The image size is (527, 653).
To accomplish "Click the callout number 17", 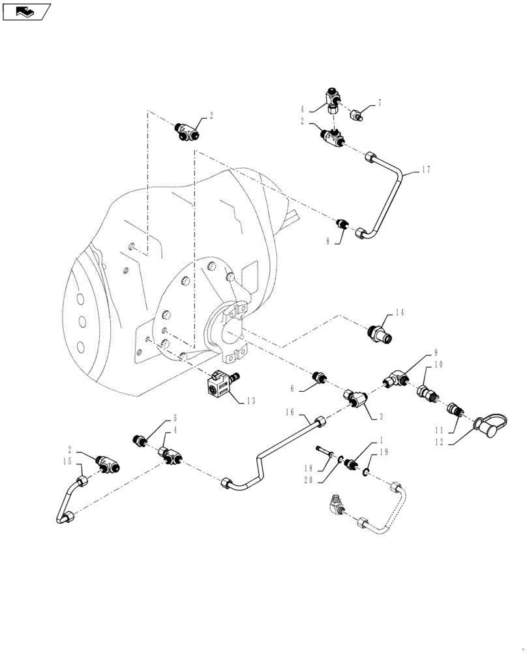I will point(426,170).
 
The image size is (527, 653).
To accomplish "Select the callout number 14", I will point(399,313).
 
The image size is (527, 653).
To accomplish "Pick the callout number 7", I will point(379,103).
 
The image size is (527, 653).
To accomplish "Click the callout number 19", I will point(384,453).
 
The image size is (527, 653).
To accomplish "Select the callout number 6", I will point(293,388).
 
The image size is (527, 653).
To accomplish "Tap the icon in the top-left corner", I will point(27,11).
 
